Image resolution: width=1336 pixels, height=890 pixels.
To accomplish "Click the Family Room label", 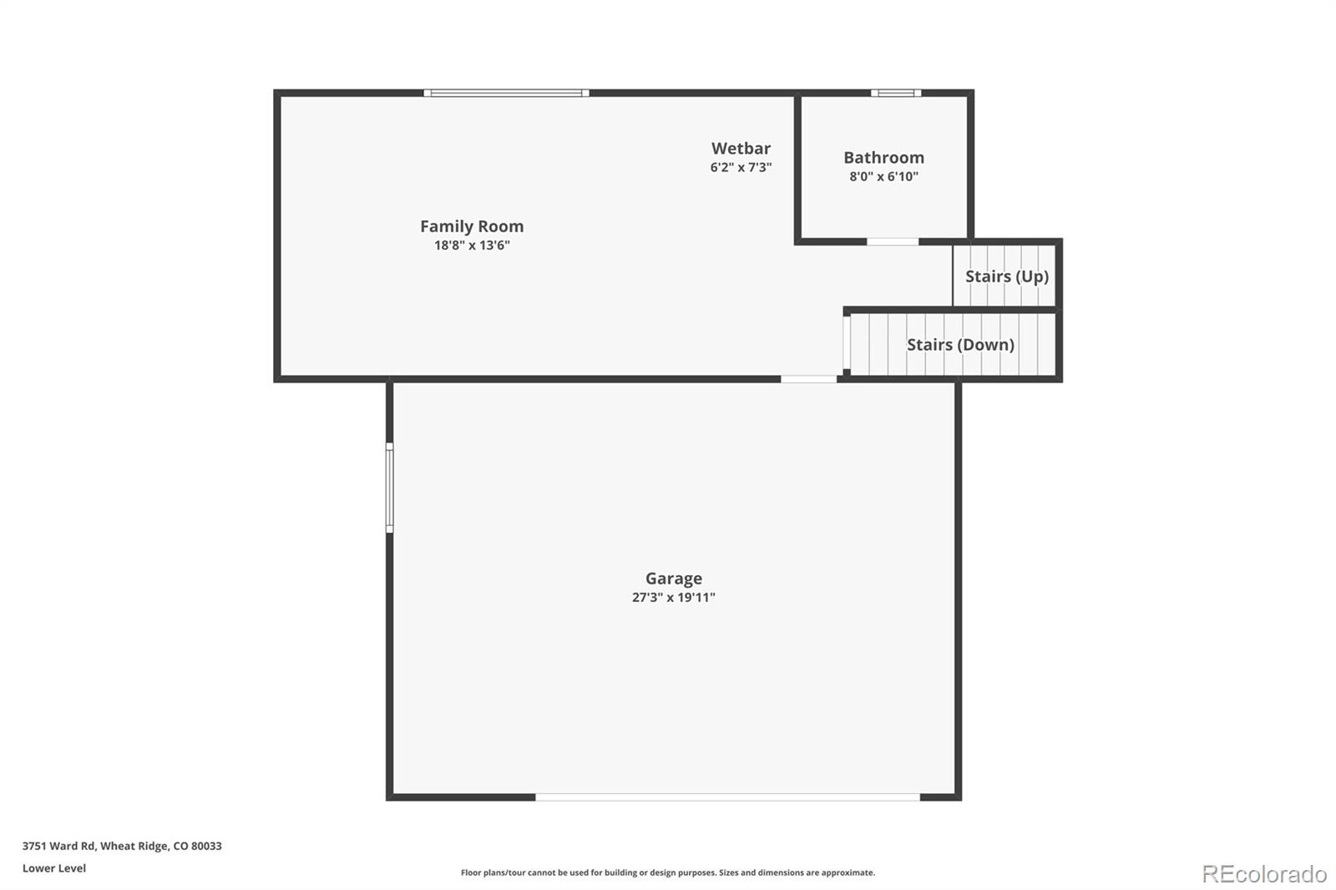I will coord(472,226).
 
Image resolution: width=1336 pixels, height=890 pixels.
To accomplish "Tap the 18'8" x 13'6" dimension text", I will coord(472,245).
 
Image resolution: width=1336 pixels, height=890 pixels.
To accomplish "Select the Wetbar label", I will coord(741,149).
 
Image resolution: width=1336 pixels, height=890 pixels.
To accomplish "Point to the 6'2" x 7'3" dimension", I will coord(741,168).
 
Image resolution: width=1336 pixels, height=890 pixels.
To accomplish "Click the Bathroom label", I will coord(883,158).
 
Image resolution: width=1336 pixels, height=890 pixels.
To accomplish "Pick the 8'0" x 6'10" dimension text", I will coord(883,177).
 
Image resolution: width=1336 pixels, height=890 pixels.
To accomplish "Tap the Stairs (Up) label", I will coord(1007,276).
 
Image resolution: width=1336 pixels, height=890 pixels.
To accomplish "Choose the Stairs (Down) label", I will coord(960,345).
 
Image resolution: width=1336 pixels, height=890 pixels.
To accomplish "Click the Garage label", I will coord(673,579).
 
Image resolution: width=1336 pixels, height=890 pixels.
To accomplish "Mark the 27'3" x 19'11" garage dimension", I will coord(673,598).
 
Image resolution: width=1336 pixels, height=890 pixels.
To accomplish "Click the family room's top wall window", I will coord(506,94).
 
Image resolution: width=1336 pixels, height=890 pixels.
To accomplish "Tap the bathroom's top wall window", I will coord(896,94).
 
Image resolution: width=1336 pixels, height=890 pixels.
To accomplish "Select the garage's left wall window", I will coord(389,488).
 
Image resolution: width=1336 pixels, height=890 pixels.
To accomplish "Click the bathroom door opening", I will coord(892,242).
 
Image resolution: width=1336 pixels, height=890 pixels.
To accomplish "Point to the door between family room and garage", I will coord(808,379).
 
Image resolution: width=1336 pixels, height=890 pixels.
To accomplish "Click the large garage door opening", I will coord(727,797).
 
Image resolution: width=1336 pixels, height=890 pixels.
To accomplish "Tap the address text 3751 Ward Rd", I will coord(122,846).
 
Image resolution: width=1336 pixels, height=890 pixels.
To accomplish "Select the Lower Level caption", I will coord(54,868).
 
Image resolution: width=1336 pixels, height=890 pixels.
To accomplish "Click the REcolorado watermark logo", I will coord(1264,874).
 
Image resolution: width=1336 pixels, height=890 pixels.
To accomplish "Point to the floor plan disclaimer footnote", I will coord(668,872).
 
